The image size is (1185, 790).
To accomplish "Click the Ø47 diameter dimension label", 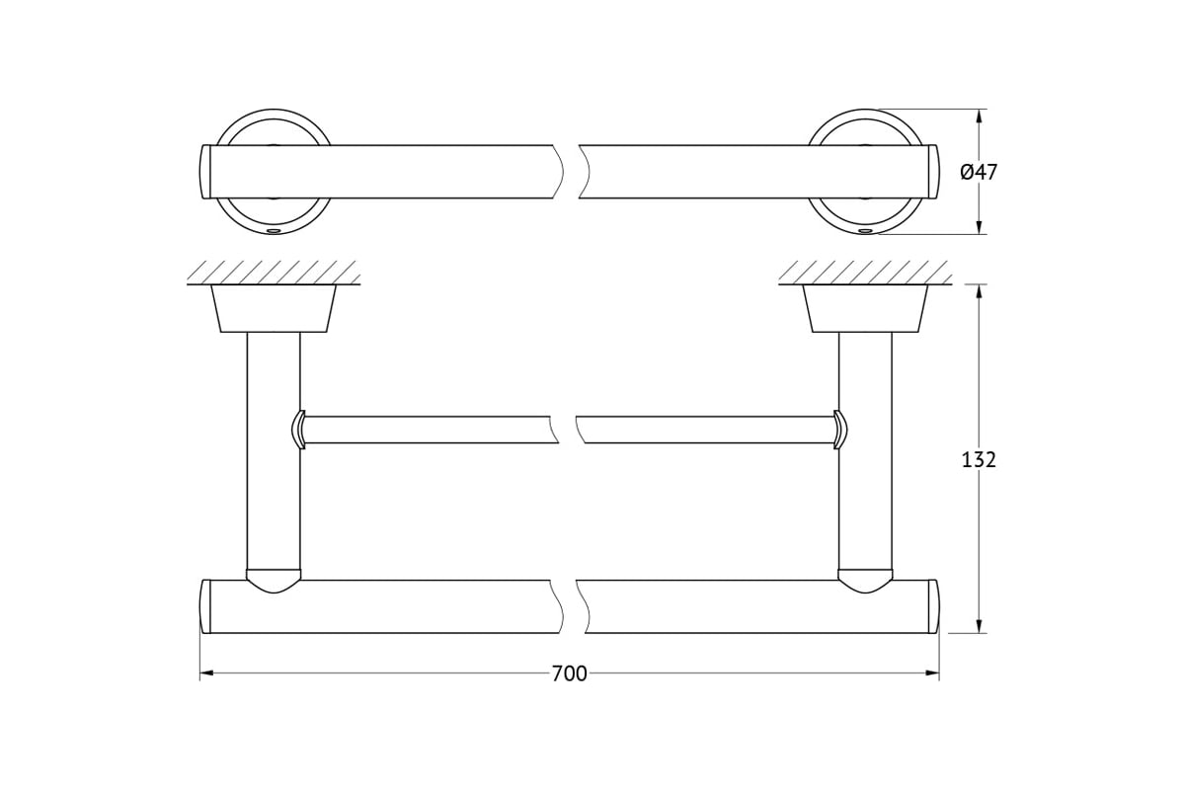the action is (x=979, y=172).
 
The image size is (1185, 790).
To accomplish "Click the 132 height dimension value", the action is (x=979, y=460).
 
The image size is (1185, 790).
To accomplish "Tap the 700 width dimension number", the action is (x=570, y=673).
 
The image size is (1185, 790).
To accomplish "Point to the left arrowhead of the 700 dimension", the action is (x=206, y=673).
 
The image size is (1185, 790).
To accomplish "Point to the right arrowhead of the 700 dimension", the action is (x=932, y=673).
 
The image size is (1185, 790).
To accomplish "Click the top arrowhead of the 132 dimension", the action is (x=980, y=291).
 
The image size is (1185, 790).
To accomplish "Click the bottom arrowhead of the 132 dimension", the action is (x=980, y=626).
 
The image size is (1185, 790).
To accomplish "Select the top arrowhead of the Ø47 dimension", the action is (x=980, y=116).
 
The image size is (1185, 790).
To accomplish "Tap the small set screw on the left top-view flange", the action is (x=274, y=231).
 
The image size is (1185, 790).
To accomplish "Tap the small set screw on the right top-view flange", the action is (x=865, y=231).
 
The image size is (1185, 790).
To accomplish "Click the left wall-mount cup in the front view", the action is (x=274, y=308).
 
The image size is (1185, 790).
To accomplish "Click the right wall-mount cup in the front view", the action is (x=865, y=308).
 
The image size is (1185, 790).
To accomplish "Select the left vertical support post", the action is (x=274, y=451).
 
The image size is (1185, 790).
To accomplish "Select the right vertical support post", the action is (x=865, y=451).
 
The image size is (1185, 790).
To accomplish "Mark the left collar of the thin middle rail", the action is (x=299, y=430).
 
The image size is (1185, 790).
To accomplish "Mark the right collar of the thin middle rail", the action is (x=840, y=430).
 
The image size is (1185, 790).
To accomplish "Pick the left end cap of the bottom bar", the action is (x=205, y=606).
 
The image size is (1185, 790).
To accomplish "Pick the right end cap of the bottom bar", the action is (x=933, y=606).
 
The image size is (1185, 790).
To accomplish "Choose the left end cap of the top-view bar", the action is (x=205, y=172).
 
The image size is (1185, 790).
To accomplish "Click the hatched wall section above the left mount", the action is (x=274, y=273).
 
